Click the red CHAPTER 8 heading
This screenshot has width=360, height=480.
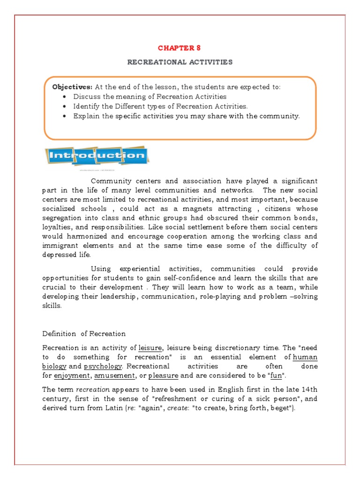coord(176,48)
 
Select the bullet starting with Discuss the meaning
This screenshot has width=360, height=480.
coord(150,97)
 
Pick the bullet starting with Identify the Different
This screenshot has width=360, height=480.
coord(160,106)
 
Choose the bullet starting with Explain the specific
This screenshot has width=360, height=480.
coord(186,116)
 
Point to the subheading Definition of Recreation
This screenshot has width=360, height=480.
coord(84,334)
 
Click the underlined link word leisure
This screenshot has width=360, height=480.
coord(150,347)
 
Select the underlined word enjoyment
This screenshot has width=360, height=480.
coord(72,375)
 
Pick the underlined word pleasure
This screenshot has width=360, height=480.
coord(163,375)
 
